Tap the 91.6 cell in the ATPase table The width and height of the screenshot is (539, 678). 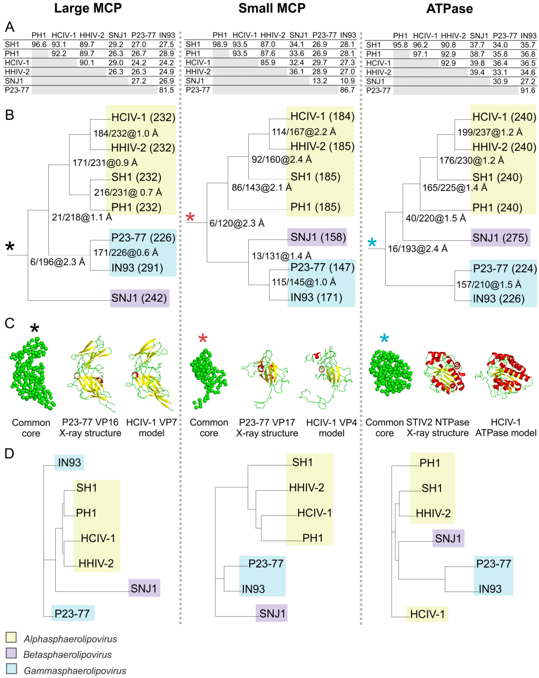pos(528,91)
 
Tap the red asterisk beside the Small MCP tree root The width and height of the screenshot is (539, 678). pos(190,217)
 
